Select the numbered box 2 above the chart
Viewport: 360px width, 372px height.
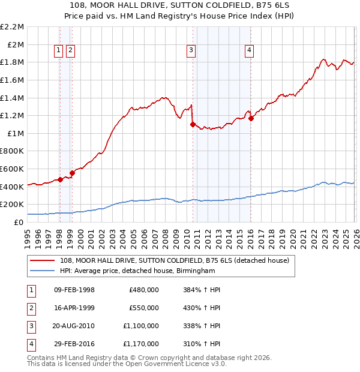point(71,51)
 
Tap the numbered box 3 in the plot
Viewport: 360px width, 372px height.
point(191,51)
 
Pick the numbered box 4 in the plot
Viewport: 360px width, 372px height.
point(248,51)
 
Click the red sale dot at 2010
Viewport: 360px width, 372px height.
point(193,124)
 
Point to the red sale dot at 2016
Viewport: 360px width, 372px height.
point(251,118)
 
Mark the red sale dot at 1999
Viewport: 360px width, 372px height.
point(72,173)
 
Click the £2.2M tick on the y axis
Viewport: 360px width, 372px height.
point(13,27)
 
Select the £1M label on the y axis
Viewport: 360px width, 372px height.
point(16,133)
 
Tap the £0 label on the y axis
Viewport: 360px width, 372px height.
point(19,222)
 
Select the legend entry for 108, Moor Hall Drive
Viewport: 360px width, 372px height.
point(175,260)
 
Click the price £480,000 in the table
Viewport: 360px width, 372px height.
point(144,290)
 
